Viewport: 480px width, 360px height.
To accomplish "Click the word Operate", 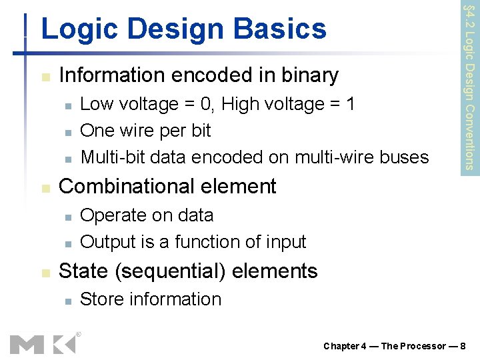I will tap(110, 215).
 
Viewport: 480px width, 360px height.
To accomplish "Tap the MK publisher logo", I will tap(42, 343).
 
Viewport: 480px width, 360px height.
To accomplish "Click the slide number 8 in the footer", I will tap(467, 346).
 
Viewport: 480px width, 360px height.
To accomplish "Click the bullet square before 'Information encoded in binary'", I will tap(44, 77).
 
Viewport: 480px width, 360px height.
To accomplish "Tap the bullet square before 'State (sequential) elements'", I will tap(44, 273).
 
